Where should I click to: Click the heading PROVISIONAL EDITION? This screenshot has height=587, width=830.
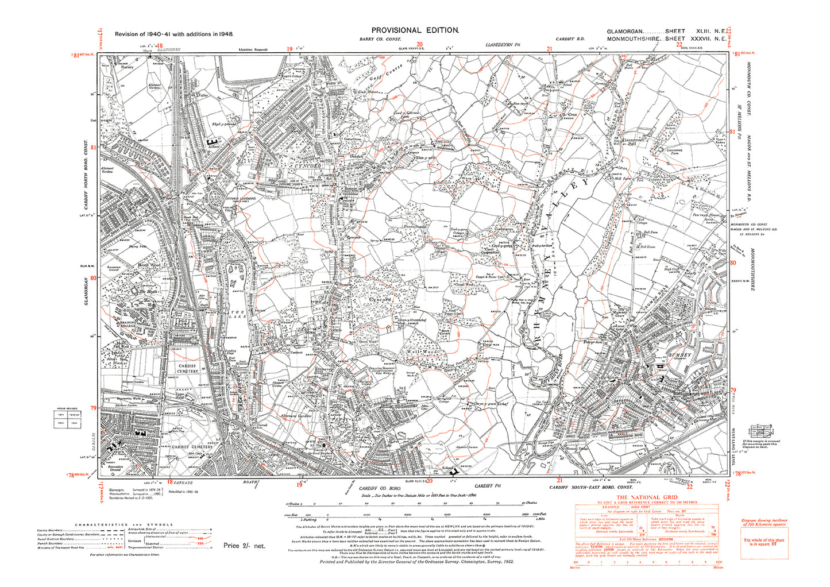(415, 30)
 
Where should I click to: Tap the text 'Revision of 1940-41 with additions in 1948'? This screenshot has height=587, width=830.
(173, 34)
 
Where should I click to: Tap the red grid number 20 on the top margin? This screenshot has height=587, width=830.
(419, 44)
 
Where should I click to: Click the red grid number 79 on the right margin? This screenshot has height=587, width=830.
(733, 389)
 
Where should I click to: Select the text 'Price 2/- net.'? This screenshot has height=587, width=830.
(244, 546)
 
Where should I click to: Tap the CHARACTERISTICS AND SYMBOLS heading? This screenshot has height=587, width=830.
(123, 524)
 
